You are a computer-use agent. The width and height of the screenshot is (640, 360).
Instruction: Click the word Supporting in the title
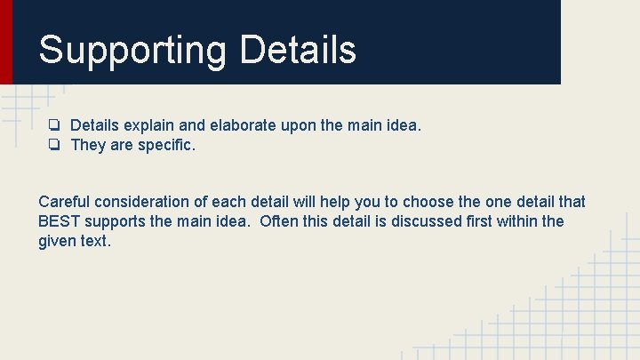(x=132, y=50)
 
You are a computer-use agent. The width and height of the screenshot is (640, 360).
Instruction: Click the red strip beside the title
(x=6, y=42)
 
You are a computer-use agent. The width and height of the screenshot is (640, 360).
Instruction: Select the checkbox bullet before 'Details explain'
(x=55, y=126)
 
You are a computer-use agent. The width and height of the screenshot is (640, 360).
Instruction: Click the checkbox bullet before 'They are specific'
(x=55, y=145)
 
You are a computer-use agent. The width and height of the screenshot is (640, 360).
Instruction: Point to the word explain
(x=148, y=126)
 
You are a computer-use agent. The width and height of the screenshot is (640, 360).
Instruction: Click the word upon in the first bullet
(x=297, y=126)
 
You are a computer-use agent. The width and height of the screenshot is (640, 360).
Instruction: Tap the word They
(x=88, y=145)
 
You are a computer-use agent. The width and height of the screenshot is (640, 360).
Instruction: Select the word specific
(x=166, y=145)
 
